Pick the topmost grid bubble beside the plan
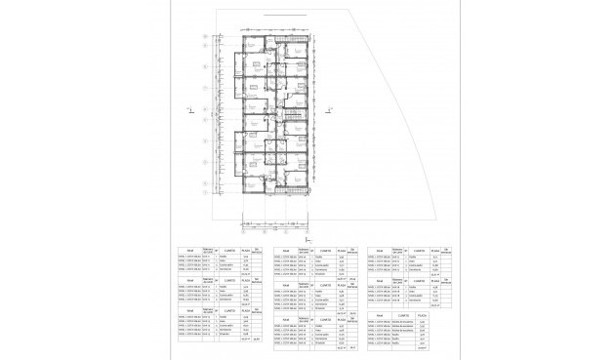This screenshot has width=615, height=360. [203, 36]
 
